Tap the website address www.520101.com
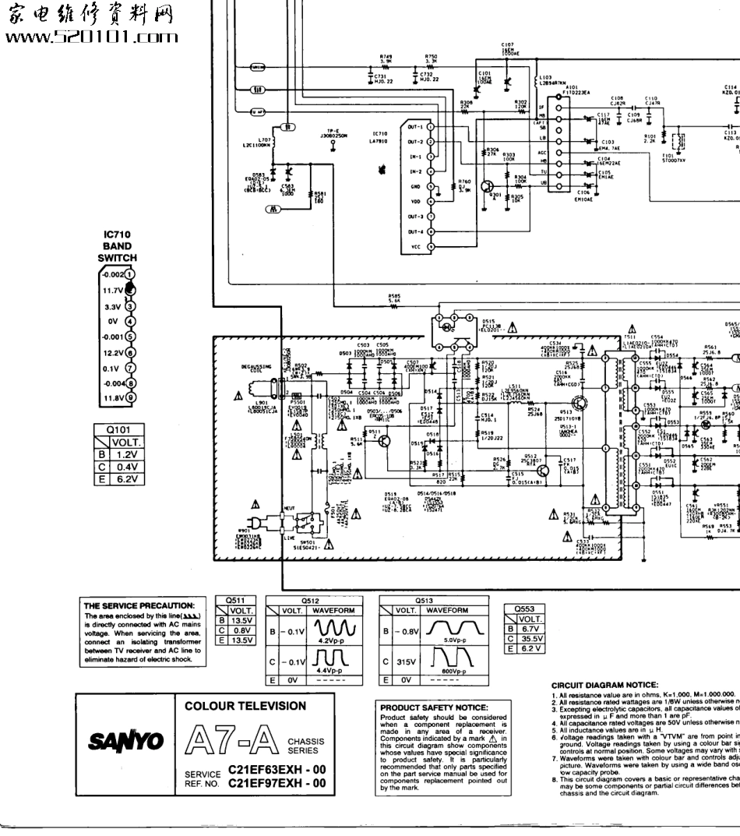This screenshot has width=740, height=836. [91, 37]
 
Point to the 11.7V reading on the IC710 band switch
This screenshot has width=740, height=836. [112, 291]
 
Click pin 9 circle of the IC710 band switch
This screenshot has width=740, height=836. [131, 397]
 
